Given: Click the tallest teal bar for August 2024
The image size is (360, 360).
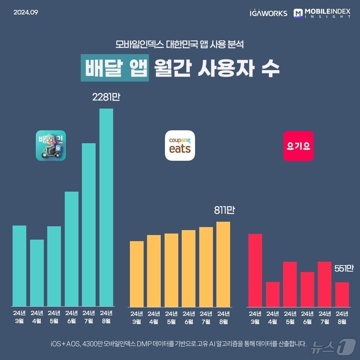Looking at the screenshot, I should click(x=106, y=207).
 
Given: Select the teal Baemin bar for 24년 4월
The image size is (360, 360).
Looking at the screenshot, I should click(x=37, y=273).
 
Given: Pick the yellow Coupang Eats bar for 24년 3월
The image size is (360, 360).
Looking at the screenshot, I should click(x=137, y=274).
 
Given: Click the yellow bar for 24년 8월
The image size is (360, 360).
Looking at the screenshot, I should click(x=223, y=264).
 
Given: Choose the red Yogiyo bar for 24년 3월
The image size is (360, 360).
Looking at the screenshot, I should click(x=255, y=270).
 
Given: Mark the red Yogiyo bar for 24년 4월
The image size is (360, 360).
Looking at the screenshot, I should click(x=273, y=294).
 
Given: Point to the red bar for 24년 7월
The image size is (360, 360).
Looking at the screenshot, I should click(x=325, y=284).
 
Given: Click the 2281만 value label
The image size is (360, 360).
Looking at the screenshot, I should click(x=106, y=98).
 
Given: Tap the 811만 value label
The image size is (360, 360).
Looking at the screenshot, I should click(x=224, y=210).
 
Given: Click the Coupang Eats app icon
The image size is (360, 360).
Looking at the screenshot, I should click(x=180, y=146).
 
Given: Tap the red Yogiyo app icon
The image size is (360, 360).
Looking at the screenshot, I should click(x=298, y=146).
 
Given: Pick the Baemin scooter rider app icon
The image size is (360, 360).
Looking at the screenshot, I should click(x=51, y=146).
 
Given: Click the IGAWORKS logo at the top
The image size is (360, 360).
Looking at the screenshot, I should click(x=268, y=13).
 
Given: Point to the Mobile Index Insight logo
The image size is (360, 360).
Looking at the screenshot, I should click(x=322, y=13).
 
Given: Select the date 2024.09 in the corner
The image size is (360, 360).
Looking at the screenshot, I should click(x=26, y=12).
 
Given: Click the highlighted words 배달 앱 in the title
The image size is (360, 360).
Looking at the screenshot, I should click(x=114, y=69).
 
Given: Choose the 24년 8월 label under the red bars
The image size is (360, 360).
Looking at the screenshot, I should click(x=342, y=317).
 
